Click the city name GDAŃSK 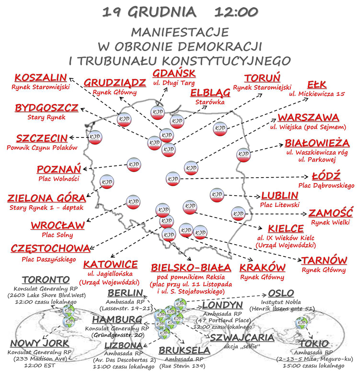tap(174, 73)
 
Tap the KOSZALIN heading tap(41, 78)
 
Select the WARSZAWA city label tap(308, 118)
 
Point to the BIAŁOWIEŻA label tap(317, 143)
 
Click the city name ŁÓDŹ tap(326, 176)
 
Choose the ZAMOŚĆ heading tap(331, 213)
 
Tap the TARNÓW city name tap(324, 260)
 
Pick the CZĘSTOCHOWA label tap(50, 249)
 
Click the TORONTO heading tap(46, 279)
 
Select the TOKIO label tap(314, 344)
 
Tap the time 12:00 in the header tap(236, 12)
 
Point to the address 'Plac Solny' tap(58, 235)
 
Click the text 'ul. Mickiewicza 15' tap(317, 94)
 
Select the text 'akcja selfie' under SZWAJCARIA tap(241, 347)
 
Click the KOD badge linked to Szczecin tap(95, 137)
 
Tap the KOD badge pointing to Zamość tap(238, 213)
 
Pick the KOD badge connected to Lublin tap(217, 195)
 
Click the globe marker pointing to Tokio tap(301, 323)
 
